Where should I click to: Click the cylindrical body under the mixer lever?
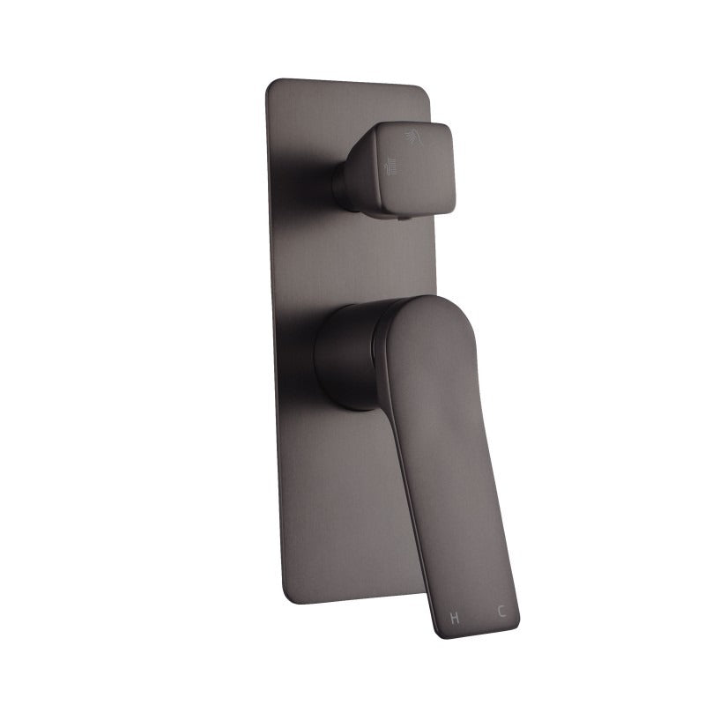pos(348,357)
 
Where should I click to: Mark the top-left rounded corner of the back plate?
pos(271,85)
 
